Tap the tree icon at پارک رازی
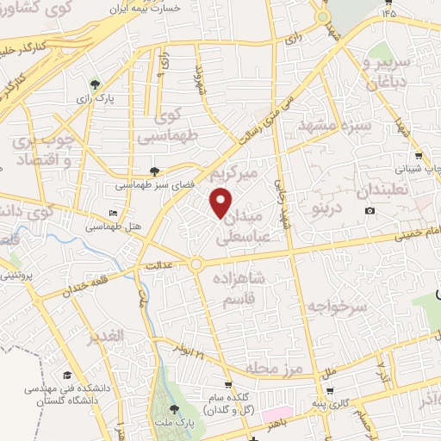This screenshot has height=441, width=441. (x=95, y=84)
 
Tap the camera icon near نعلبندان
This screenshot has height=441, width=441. (x=370, y=211)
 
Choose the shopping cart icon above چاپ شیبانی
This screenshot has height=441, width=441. (x=418, y=156)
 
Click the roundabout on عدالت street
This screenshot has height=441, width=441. (x=196, y=264)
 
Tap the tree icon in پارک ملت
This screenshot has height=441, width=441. (x=174, y=409)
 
